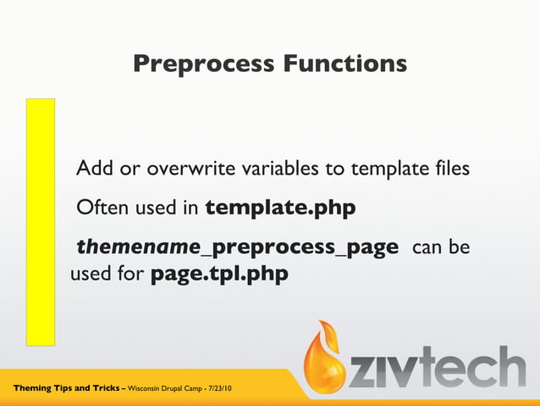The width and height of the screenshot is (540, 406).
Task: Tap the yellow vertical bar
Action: click(x=40, y=222)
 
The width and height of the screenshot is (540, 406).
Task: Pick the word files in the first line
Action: click(x=449, y=168)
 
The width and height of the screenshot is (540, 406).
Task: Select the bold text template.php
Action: click(x=280, y=208)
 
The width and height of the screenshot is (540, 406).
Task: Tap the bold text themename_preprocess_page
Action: click(x=237, y=247)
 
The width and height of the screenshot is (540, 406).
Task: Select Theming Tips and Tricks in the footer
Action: click(x=66, y=388)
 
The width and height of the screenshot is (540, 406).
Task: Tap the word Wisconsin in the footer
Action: click(x=146, y=389)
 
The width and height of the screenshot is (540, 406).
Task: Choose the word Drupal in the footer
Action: click(x=177, y=389)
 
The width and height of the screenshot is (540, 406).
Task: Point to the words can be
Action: click(x=440, y=247)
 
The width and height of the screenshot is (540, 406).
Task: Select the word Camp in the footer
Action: click(x=199, y=389)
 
